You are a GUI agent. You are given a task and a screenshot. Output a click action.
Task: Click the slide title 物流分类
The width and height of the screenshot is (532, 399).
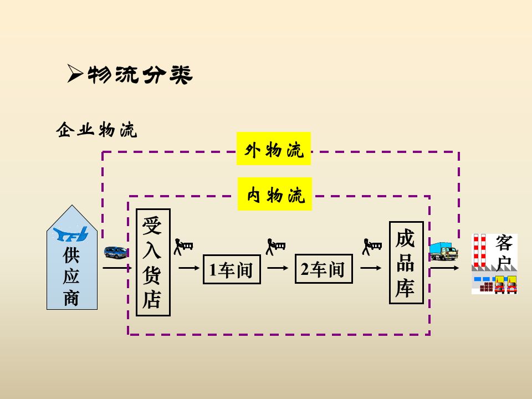(140, 75)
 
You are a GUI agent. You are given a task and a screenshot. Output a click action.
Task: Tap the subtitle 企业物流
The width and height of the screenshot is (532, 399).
(96, 131)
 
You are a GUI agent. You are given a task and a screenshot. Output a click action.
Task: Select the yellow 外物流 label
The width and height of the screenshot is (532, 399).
(274, 149)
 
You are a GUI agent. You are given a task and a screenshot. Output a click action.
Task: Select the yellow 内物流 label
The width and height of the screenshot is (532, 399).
(275, 195)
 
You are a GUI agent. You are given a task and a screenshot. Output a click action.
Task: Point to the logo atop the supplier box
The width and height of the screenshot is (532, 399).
(71, 234)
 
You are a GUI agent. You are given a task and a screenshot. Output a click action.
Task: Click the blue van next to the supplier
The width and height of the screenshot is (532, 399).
(115, 253)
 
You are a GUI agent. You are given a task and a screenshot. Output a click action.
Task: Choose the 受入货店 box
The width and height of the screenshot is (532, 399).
(153, 262)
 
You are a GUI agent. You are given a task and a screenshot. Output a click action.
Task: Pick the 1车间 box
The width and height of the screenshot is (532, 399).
(232, 269)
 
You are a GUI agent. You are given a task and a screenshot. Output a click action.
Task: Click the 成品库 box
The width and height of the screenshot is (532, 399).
(406, 263)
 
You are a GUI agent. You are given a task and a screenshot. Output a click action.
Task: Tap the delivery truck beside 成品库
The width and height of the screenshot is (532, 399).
(444, 251)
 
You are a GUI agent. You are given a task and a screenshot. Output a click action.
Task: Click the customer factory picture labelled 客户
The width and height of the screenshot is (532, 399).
(494, 264)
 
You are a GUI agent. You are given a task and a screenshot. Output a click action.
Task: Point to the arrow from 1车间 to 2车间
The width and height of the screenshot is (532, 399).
(278, 268)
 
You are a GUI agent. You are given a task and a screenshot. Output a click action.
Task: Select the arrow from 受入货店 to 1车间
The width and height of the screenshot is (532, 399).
(188, 268)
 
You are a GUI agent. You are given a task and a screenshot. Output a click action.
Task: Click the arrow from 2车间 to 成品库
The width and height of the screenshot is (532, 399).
(371, 268)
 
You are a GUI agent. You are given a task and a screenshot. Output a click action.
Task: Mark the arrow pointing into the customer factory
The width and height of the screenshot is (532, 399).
(445, 268)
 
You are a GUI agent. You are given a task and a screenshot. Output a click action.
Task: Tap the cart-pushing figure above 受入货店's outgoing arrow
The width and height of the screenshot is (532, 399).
(183, 246)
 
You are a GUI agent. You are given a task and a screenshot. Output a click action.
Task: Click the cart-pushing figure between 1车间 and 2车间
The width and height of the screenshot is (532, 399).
(275, 246)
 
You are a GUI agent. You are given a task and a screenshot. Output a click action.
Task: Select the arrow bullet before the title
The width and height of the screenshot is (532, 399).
(75, 74)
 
